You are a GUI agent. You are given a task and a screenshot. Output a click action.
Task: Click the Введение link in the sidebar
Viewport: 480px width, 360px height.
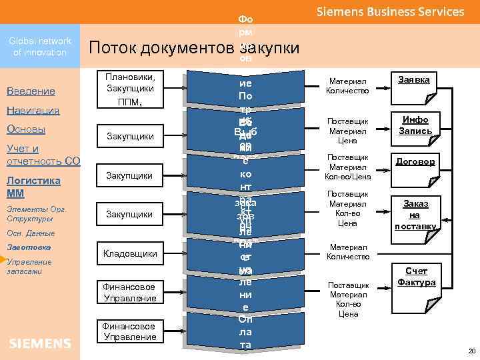[x=30, y=91]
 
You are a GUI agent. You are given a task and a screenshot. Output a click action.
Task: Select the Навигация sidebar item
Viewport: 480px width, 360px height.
[x=33, y=110]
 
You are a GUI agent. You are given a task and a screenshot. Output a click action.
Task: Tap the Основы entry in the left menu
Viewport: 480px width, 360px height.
[x=25, y=129]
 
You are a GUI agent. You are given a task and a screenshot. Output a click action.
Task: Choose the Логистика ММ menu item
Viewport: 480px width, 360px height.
[x=33, y=187]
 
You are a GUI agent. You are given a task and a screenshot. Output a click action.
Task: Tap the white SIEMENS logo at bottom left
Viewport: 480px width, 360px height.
[x=40, y=343]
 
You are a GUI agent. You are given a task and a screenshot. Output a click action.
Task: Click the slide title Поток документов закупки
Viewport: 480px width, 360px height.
[x=194, y=48]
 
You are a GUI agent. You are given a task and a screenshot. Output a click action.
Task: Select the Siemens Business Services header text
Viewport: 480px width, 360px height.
[x=389, y=12]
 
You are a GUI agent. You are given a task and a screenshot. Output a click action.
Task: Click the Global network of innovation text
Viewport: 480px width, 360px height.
[x=40, y=47]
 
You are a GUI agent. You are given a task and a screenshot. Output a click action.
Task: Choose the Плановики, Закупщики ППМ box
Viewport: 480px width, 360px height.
[x=130, y=89]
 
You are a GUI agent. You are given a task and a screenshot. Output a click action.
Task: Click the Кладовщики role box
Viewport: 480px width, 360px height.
[x=130, y=253]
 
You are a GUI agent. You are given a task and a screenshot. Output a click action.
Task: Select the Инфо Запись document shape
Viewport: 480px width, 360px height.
[x=415, y=126]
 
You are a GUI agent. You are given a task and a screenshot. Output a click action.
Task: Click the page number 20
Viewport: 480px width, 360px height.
[x=471, y=351]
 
